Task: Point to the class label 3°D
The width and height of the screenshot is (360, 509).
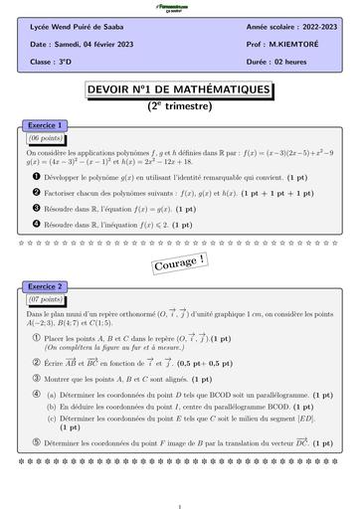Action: point(70,60)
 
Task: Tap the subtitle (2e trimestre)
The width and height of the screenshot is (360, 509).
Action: point(179,104)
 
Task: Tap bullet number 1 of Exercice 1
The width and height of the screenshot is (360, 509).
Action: point(33,175)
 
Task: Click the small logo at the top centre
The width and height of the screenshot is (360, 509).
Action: point(180,8)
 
